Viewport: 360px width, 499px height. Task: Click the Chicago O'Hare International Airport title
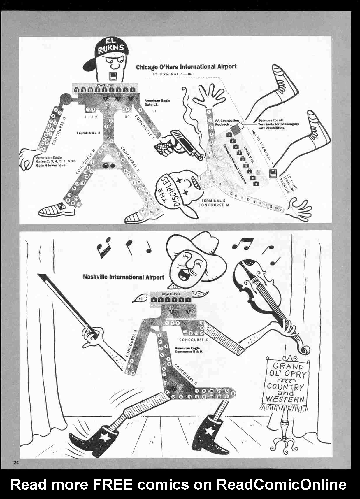pyautogui.click(x=186, y=67)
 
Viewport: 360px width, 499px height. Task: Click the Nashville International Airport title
pyautogui.click(x=124, y=277)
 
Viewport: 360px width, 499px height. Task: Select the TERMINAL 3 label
pyautogui.click(x=88, y=133)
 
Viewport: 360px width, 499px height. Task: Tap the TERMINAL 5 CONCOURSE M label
pyautogui.click(x=213, y=203)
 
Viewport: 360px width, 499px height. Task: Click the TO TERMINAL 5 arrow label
pyautogui.click(x=172, y=74)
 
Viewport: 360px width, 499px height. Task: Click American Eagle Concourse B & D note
pyautogui.click(x=189, y=350)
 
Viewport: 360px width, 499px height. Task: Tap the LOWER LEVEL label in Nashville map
pyautogui.click(x=171, y=294)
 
